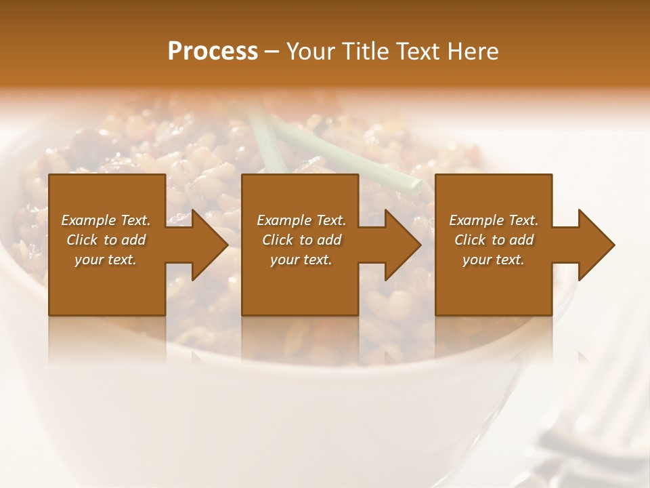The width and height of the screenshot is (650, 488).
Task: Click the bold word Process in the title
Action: pos(213,52)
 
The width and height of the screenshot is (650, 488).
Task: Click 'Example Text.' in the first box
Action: pos(106,220)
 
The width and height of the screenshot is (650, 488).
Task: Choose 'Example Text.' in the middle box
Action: pos(301,220)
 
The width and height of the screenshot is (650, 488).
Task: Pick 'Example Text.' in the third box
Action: pos(494,220)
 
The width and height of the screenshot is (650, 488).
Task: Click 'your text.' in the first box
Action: pos(106,260)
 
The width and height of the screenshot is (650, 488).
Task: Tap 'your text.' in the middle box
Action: pos(301,260)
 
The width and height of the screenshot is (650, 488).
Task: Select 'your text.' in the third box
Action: pos(494,260)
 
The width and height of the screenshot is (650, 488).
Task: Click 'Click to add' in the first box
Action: pos(106,240)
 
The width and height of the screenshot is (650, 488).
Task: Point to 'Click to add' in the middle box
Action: pos(301,240)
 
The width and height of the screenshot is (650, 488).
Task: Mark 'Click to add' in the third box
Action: pos(494,240)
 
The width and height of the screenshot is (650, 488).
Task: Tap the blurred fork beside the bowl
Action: pos(589,434)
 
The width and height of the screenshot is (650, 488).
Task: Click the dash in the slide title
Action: pos(272,52)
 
